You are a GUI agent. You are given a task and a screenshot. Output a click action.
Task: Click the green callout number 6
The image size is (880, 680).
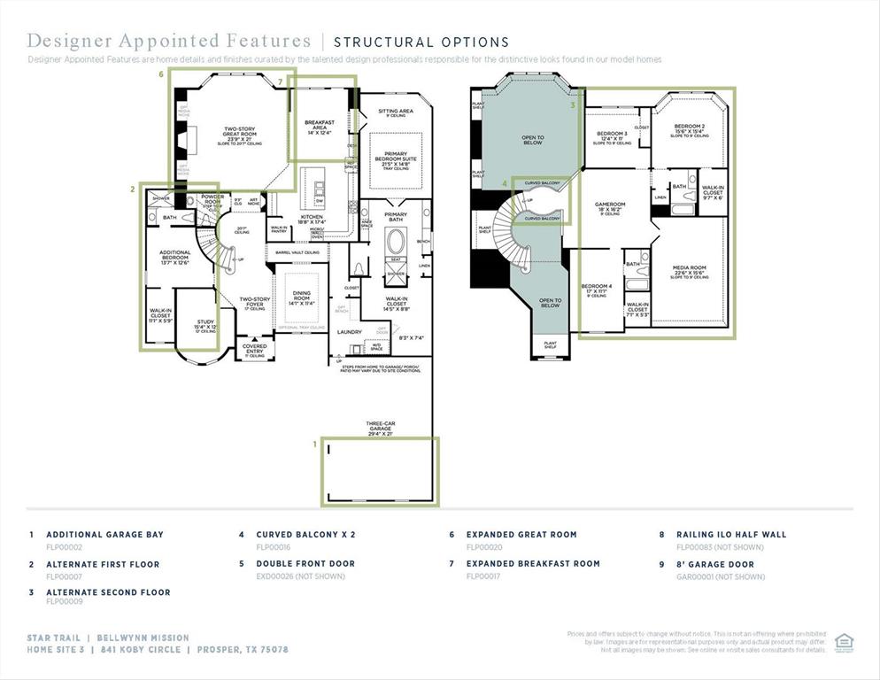click(x=160, y=75)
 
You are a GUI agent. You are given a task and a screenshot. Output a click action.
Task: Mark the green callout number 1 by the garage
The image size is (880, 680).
click(x=313, y=442)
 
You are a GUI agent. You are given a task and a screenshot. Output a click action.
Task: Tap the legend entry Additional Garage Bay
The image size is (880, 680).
click(x=104, y=535)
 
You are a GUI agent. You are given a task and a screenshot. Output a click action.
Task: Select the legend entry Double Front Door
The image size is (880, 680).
click(x=305, y=563)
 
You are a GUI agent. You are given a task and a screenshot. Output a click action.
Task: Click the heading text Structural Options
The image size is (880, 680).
click(x=421, y=42)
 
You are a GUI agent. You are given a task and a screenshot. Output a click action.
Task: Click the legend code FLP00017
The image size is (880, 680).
click(x=483, y=576)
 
